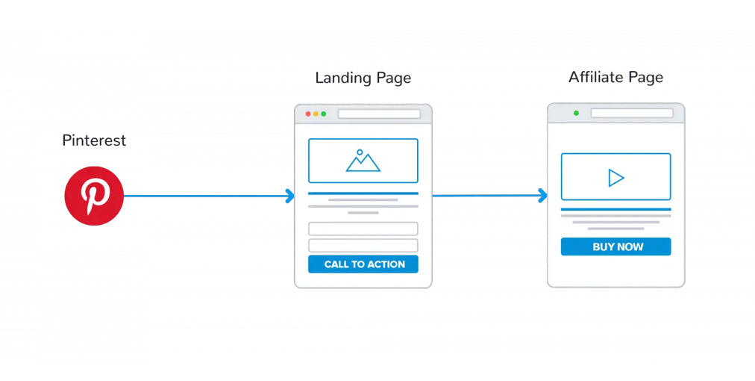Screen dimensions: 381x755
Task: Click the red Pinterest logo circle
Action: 93,196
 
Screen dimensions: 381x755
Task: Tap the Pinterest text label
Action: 94,140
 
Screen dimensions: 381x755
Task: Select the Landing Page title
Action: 363,78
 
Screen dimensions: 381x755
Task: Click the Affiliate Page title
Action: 615,77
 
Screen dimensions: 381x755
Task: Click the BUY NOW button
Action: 616,247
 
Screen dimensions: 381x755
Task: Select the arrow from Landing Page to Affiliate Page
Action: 485,196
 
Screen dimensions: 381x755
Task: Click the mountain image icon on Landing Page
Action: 363,161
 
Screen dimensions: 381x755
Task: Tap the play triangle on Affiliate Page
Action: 615,177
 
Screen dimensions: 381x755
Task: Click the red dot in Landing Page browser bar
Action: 308,114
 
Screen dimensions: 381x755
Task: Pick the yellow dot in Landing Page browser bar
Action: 316,114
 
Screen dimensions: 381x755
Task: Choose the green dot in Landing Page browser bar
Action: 323,114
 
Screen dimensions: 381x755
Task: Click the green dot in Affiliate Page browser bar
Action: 576,113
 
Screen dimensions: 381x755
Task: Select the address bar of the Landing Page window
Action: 379,114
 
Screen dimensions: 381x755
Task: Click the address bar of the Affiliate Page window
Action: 632,113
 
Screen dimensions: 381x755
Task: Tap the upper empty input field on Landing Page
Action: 363,229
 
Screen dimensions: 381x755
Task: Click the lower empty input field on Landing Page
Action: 363,245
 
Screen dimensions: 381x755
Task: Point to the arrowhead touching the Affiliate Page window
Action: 543,196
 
